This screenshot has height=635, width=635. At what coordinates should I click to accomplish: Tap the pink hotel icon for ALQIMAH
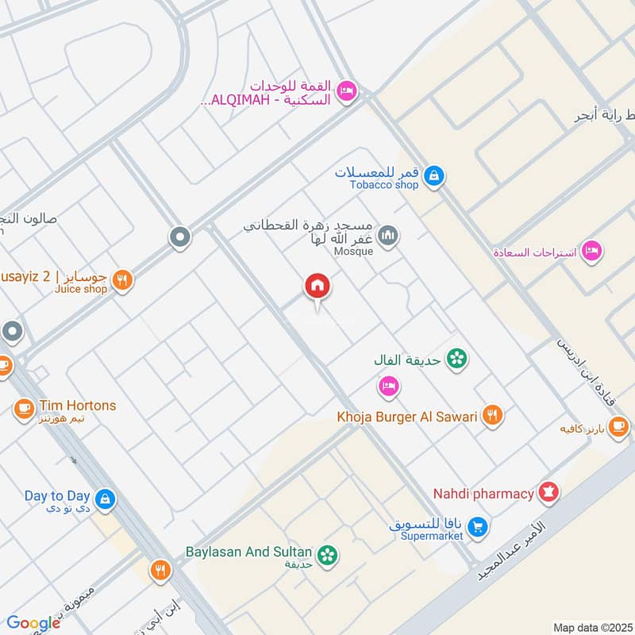(347, 91)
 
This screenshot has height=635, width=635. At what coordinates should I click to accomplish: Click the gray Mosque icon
(388, 235)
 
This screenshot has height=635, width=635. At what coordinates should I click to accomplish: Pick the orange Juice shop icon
(121, 279)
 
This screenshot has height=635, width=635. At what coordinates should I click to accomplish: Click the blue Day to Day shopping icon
(105, 499)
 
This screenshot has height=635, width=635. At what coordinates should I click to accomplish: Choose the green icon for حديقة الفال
(456, 360)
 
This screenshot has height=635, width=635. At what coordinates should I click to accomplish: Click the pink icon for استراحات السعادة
(591, 252)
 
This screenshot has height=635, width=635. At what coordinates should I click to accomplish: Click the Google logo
(33, 623)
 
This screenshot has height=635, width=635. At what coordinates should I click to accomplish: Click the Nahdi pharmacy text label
(483, 494)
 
